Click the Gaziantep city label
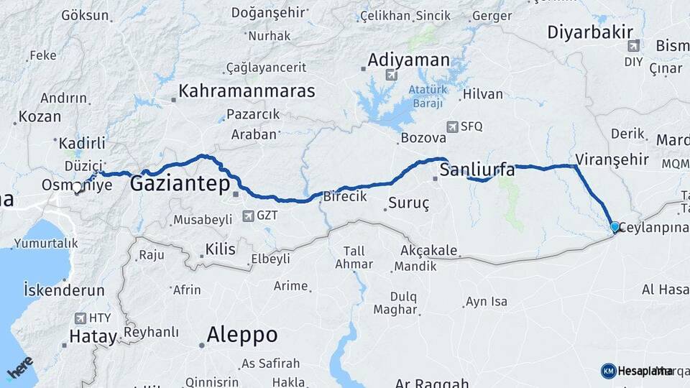180,185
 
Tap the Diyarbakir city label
590,32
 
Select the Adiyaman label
408,60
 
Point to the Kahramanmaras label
247,91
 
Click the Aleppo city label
241,334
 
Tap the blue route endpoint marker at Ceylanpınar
615,227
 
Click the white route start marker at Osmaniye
77,188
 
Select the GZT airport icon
248,215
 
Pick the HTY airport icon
79,317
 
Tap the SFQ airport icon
451,126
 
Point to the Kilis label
220,249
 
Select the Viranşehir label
612,160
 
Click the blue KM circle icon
608,371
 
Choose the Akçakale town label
428,251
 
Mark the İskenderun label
64,290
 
